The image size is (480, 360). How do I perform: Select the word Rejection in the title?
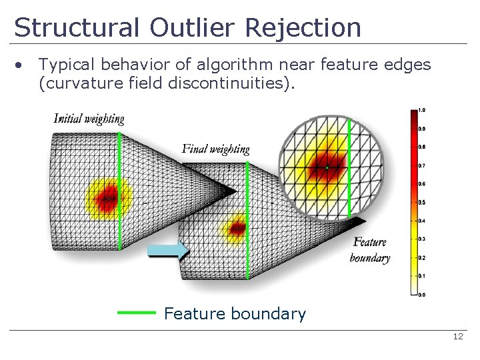pos(303,28)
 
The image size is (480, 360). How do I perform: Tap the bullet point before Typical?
pos(21,65)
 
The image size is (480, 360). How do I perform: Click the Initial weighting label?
pos(89,119)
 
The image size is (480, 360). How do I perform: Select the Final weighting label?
pos(215,149)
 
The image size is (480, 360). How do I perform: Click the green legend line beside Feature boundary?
pos(136,312)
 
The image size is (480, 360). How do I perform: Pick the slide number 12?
pos(457,337)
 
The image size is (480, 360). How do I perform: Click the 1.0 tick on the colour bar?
pos(422,109)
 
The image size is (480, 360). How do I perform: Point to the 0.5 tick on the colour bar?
pos(422,202)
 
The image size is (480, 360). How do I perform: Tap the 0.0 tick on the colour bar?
pos(422,294)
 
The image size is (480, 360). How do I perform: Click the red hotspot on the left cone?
pos(108,198)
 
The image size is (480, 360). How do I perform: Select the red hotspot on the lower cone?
pos(237,229)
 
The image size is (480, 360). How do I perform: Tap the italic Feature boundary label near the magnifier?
pos(370,250)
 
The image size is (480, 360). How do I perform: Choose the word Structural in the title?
pos(75,28)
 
